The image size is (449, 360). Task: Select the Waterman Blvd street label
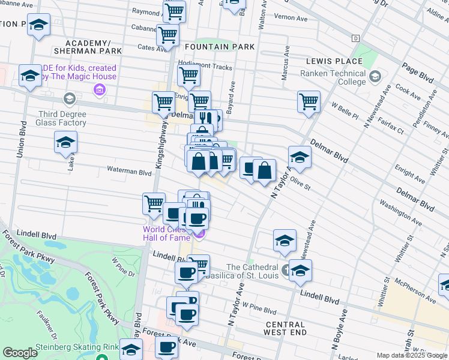click(x=129, y=172)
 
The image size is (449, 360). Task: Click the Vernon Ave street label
click(x=291, y=17)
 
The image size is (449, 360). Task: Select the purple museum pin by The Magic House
click(x=100, y=90)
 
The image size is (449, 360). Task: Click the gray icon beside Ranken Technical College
click(x=375, y=77)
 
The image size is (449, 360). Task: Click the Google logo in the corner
click(x=20, y=353)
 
